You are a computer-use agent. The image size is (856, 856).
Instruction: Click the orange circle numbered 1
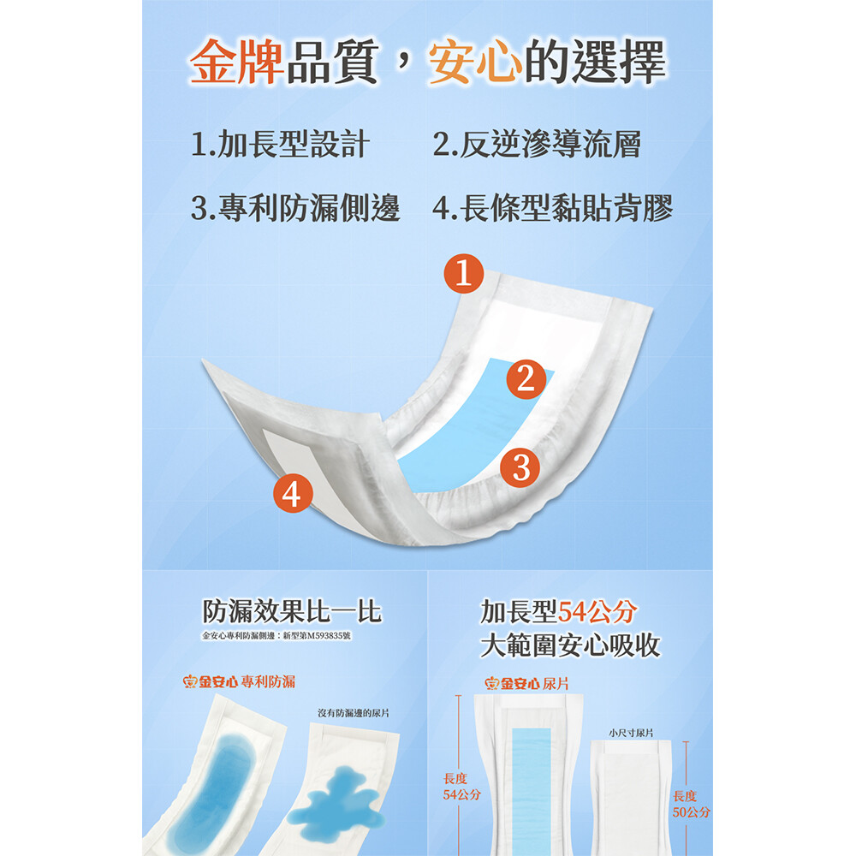coord(463,273)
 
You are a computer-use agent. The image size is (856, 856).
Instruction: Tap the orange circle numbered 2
coord(526,378)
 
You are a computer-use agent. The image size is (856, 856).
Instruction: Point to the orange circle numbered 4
coord(293,493)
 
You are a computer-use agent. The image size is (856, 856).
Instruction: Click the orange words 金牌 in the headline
coord(236,61)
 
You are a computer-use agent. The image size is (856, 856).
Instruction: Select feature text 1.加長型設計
coord(280,144)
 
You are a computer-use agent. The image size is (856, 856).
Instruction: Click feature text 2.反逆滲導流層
coord(537,144)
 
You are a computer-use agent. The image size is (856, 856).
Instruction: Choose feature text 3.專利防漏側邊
coord(295,208)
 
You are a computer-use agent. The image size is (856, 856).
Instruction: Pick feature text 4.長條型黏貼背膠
coord(552,208)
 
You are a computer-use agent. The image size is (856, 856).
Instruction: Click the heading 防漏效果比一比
coord(292,611)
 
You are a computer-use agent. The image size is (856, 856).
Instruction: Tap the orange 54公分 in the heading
coord(597,611)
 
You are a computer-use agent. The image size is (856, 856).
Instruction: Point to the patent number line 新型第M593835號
coord(318,635)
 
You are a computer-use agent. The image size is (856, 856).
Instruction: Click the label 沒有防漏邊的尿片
coord(354,713)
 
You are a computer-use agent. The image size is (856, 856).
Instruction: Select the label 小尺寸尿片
coord(631,733)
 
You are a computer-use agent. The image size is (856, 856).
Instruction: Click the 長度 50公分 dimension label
coord(691,804)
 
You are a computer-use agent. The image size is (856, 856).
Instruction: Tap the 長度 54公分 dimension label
coord(462,787)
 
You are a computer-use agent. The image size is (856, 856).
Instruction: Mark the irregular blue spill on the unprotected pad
coord(336,803)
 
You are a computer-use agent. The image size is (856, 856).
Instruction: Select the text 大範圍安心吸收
coord(570,645)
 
